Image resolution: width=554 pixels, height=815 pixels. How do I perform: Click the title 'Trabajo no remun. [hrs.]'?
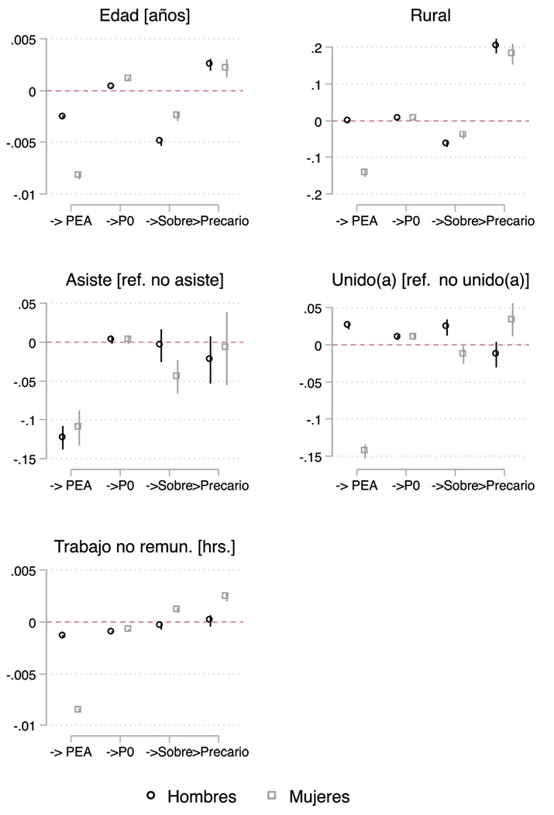(x=145, y=548)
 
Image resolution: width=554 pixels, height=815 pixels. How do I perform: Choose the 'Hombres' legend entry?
(x=191, y=796)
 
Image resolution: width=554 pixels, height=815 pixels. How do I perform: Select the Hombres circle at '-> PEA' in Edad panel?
(x=63, y=116)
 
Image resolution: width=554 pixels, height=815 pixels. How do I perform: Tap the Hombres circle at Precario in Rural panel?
(x=496, y=45)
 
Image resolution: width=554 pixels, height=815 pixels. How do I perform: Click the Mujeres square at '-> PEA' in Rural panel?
(x=364, y=172)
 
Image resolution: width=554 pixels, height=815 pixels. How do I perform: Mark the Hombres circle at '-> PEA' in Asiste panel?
(x=63, y=437)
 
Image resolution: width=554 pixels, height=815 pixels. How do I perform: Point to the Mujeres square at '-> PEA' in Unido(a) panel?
(x=364, y=450)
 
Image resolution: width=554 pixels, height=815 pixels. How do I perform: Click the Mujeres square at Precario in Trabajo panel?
(x=225, y=596)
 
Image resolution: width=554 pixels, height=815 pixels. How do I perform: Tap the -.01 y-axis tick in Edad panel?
(x=22, y=194)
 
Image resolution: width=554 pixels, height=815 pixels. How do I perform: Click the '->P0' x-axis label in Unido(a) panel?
(x=405, y=486)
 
